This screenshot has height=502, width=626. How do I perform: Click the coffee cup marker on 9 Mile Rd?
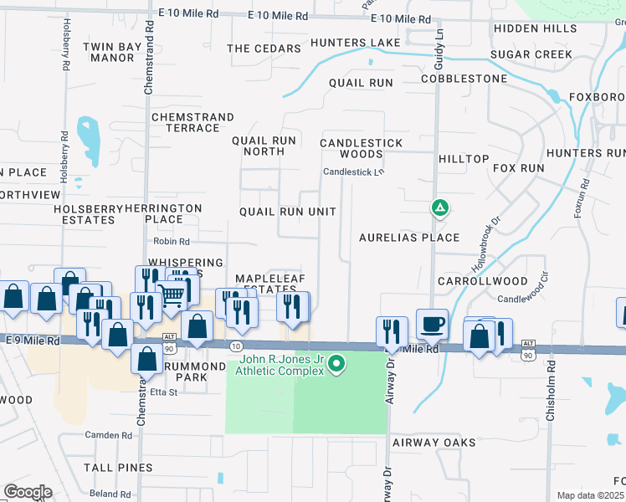(432, 325)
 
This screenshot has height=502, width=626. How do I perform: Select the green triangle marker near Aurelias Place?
(439, 207)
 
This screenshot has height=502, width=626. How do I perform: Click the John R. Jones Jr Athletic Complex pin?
(336, 363)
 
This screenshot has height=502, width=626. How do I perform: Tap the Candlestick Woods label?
(362, 148)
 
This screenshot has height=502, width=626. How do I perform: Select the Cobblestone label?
(464, 79)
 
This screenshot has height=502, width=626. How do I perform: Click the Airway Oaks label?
(434, 442)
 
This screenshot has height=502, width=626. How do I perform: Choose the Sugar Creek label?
(531, 54)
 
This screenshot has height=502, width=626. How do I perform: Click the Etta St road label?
(162, 392)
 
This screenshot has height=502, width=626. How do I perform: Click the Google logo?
(28, 492)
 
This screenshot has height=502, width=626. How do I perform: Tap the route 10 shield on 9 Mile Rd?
(236, 346)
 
